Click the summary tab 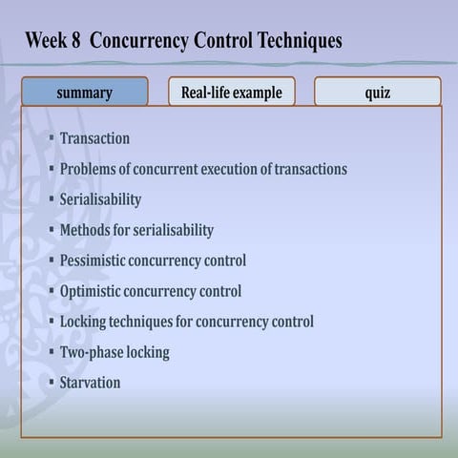(84, 93)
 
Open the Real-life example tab (231, 93)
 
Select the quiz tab (377, 93)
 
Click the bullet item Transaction (94, 138)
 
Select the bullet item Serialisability (100, 199)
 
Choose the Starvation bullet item (90, 383)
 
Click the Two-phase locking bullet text (114, 352)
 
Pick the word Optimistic (92, 291)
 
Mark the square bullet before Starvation (52, 383)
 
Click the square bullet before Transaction (52, 138)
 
